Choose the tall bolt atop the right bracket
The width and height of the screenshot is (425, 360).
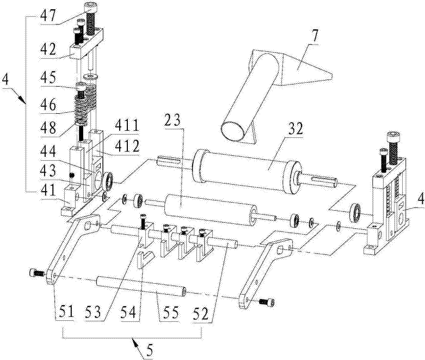pos(392,143)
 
